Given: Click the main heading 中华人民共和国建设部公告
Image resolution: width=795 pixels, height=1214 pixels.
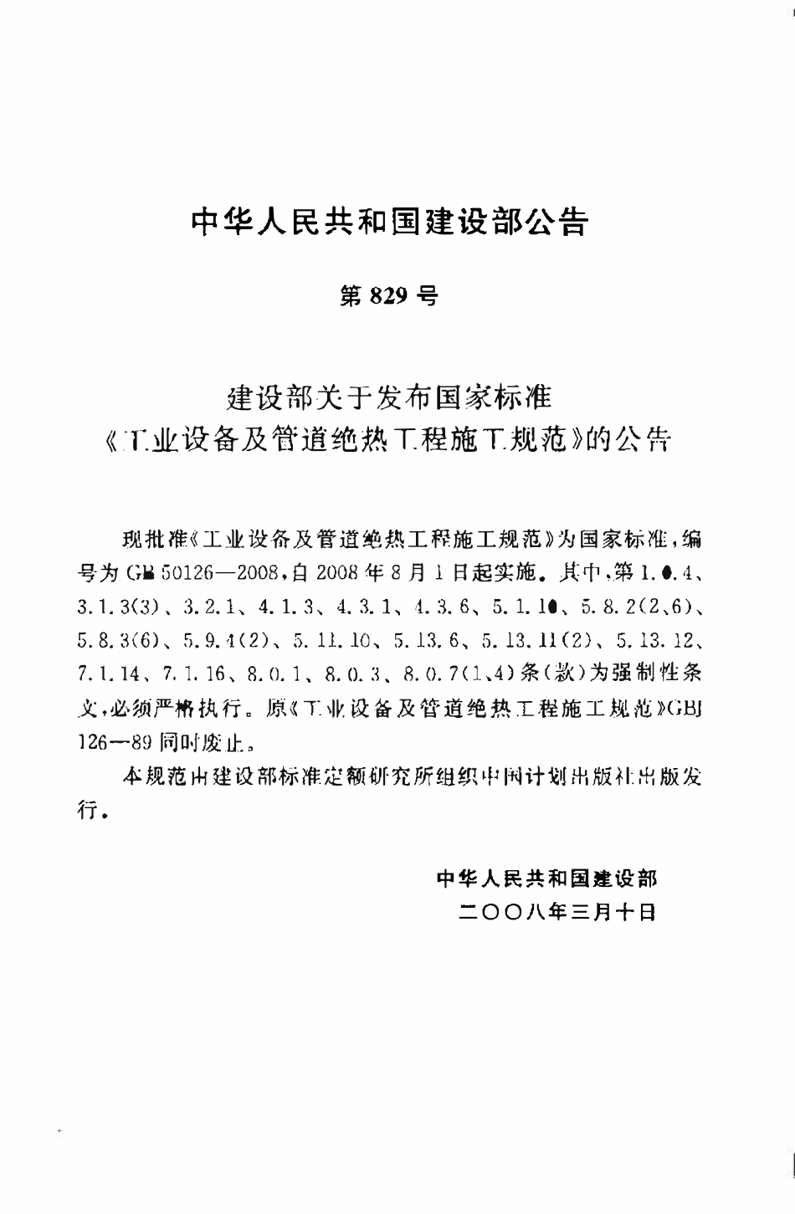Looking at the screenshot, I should coord(390,222).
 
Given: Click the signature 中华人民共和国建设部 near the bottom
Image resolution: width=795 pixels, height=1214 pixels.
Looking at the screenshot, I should coord(546,878).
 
